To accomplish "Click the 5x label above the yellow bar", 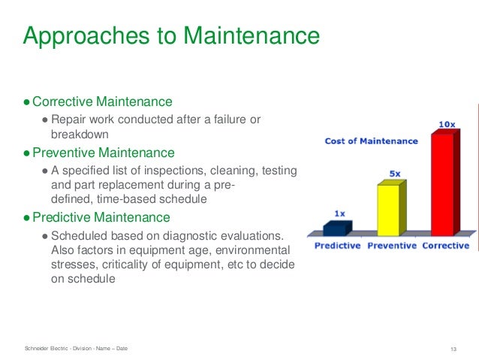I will pyautogui.click(x=394, y=174).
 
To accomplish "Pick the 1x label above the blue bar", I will pyautogui.click(x=339, y=213).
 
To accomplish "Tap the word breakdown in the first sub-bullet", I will pyautogui.click(x=80, y=134).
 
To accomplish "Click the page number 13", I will pyautogui.click(x=453, y=348).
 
